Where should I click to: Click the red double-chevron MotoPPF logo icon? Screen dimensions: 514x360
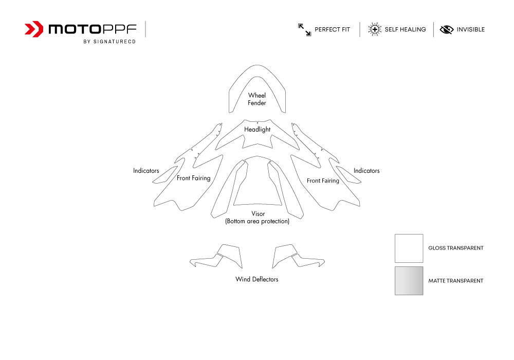[34, 29]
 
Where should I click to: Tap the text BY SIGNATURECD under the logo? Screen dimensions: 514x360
[109, 42]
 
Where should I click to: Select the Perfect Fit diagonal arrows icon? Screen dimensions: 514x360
[304, 29]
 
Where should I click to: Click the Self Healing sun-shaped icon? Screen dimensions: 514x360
[374, 29]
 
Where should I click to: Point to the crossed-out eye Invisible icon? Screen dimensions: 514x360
[447, 29]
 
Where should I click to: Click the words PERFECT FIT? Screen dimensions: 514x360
[333, 29]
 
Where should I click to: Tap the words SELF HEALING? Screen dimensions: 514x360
[405, 29]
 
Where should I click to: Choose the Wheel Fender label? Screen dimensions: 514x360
[257, 99]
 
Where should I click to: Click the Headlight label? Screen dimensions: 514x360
[258, 130]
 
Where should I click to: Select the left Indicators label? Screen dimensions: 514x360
[146, 171]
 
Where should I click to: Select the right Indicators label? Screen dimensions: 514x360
[366, 171]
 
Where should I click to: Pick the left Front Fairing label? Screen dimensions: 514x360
[193, 178]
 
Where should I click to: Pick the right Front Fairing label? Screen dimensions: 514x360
[323, 181]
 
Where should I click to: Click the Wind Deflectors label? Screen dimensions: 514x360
[256, 279]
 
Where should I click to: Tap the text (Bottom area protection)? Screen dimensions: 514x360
[258, 221]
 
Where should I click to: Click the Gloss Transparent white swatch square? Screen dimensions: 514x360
[409, 248]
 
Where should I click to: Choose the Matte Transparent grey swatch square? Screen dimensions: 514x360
[409, 281]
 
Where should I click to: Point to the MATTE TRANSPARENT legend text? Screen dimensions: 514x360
[455, 281]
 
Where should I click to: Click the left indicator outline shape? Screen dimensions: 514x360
[165, 175]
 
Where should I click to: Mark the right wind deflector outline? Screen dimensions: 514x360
[298, 256]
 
